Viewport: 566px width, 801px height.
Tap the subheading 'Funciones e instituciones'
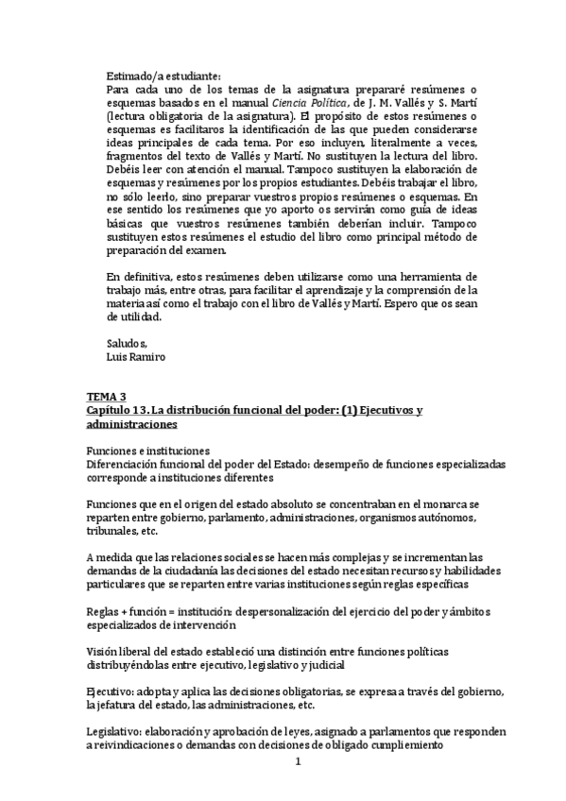147,452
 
